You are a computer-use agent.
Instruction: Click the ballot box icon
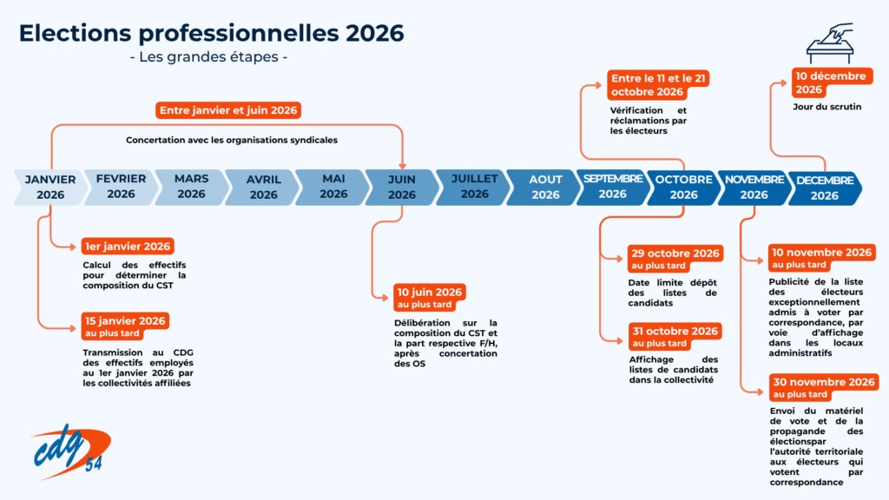[x=831, y=43]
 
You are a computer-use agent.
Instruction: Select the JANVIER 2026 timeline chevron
[x=50, y=187]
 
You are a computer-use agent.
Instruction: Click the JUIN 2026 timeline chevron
[x=402, y=187]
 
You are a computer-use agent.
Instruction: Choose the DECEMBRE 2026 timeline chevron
[x=825, y=187]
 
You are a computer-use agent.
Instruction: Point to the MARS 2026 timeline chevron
[x=192, y=187]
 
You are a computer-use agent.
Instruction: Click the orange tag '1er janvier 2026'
[x=128, y=246]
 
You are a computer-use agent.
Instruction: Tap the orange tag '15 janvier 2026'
[x=125, y=326]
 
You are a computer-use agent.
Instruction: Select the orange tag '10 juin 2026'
[x=430, y=298]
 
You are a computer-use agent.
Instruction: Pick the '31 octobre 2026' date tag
[x=675, y=336]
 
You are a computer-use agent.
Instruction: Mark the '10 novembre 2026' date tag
[x=822, y=258]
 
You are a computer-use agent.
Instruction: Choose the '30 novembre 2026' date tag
[x=824, y=388]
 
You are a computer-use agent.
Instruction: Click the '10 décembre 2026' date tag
[x=831, y=82]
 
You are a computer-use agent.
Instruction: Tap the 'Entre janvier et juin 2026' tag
[x=228, y=110]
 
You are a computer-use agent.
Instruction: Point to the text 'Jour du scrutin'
[x=827, y=107]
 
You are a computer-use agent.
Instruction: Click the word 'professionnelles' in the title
[x=239, y=34]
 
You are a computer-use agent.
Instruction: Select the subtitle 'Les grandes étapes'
[x=208, y=57]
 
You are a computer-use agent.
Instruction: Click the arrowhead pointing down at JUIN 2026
[x=403, y=166]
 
